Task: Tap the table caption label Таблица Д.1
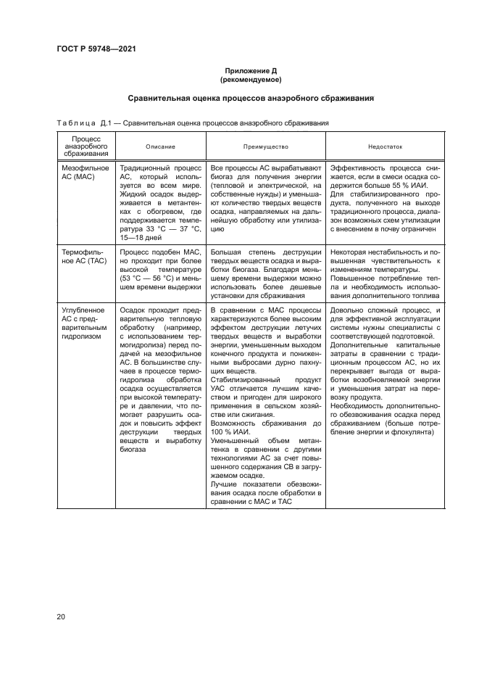78,123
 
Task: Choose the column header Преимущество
266,146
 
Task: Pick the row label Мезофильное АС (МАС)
85,172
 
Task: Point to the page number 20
61,616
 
